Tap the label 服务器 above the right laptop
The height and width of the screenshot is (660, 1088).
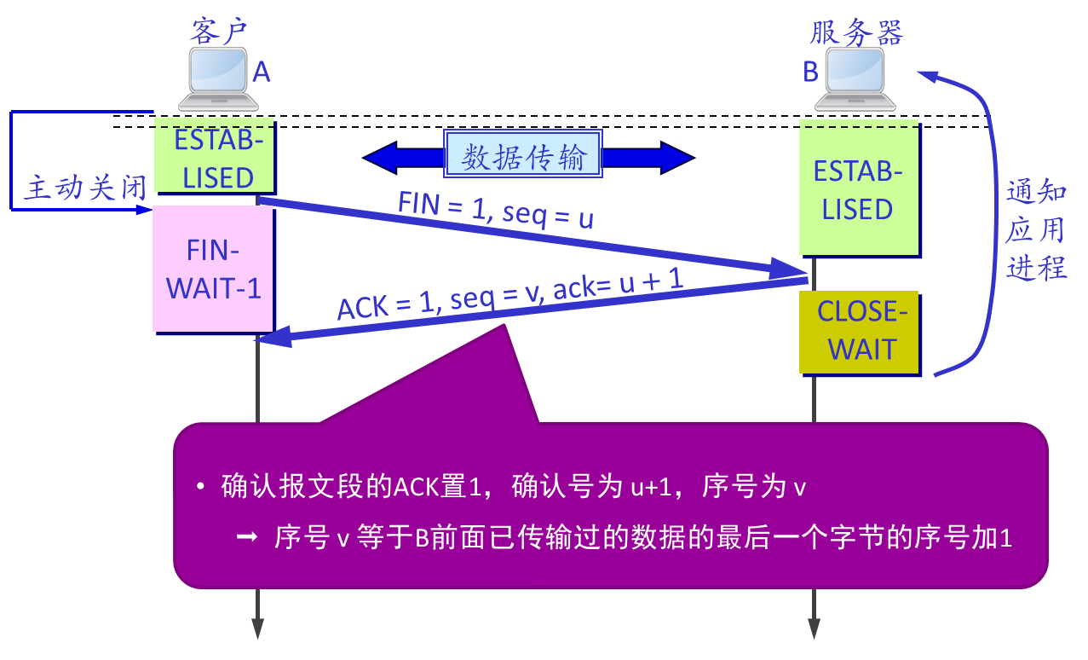pos(855,32)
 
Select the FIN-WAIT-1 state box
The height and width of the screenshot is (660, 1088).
pos(213,269)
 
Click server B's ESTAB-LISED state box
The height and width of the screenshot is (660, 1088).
pos(858,189)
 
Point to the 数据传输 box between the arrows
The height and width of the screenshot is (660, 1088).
pos(524,157)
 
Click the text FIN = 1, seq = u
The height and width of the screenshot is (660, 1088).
pos(496,210)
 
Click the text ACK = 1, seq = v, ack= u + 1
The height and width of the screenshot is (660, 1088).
pos(509,296)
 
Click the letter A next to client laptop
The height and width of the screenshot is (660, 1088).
pos(262,73)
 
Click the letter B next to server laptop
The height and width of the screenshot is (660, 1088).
pos(810,73)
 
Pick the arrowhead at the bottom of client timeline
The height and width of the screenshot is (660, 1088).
pos(257,629)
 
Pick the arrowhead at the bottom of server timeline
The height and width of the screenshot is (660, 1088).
pos(814,629)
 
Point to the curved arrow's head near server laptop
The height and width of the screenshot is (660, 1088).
pos(927,76)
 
